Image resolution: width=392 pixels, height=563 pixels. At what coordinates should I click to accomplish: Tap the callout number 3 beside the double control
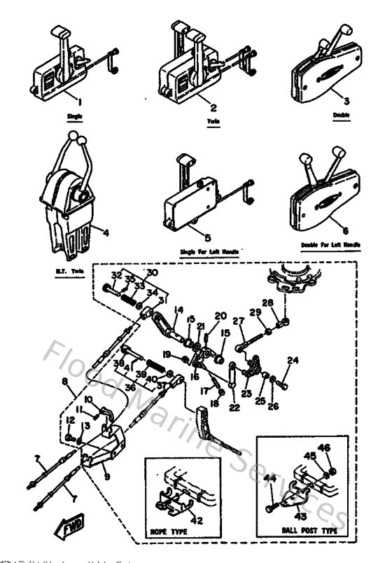pos(346,101)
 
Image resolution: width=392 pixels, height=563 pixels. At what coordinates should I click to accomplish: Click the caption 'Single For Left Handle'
pos(209,250)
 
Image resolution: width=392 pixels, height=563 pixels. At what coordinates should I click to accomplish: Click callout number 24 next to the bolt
pos(293,361)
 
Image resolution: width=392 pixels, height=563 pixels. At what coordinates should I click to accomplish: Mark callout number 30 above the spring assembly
pos(152,272)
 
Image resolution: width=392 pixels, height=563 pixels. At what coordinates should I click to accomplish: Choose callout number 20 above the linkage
pos(220,315)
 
